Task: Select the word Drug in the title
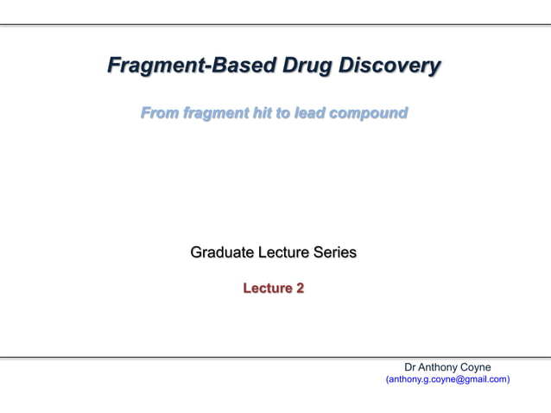[304, 66]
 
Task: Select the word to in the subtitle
[286, 113]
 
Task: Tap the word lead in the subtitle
[313, 113]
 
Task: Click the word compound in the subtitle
[370, 113]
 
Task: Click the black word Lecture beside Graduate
[283, 253]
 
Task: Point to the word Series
[334, 253]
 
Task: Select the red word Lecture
[266, 289]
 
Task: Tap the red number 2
[300, 289]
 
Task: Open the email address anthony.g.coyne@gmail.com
[446, 379]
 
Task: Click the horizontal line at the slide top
[275, 25]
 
